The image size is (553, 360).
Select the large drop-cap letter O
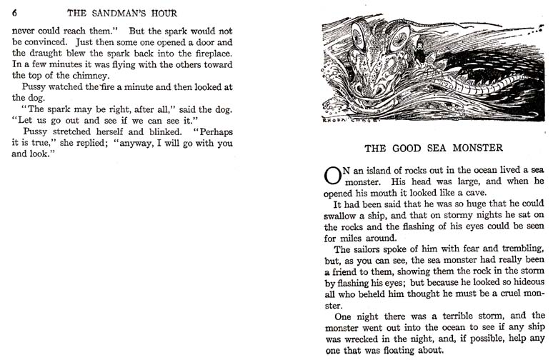pos(332,176)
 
